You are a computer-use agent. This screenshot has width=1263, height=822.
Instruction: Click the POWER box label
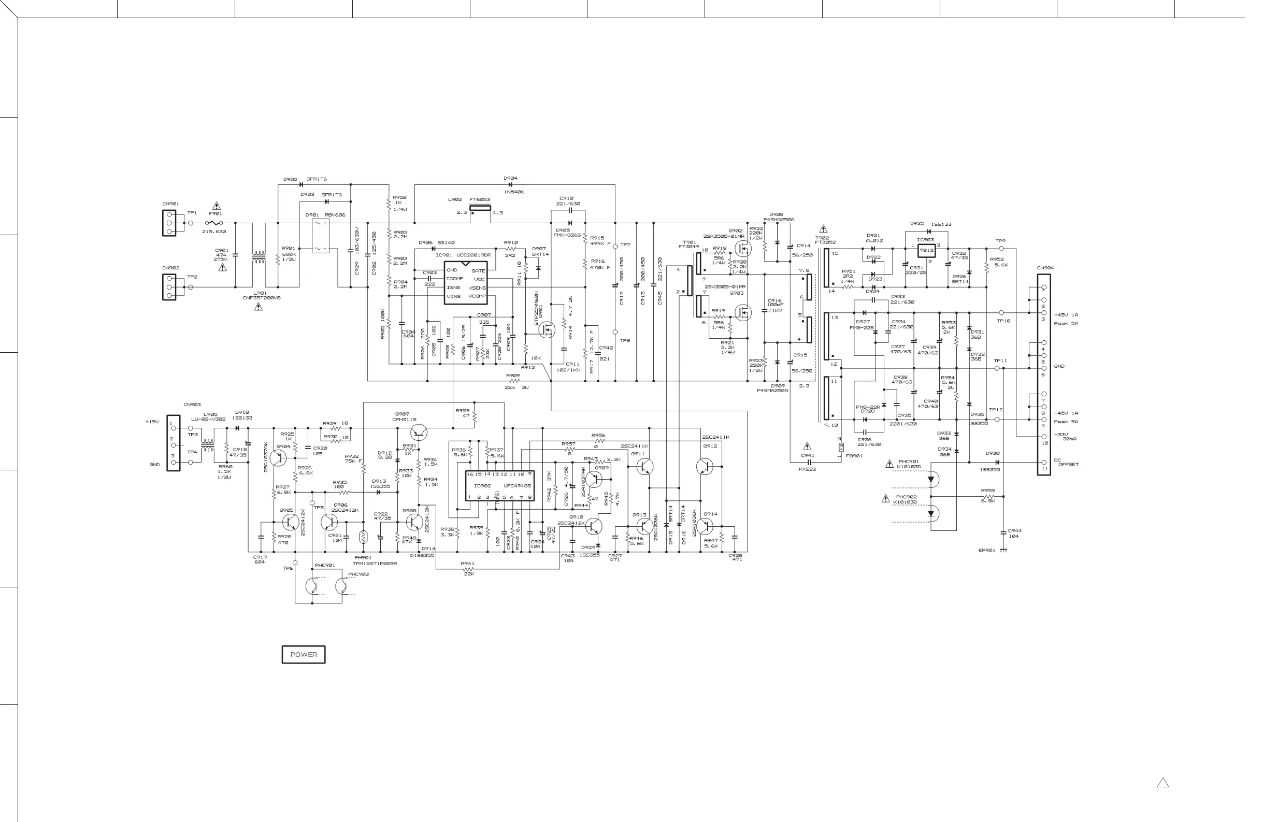303,654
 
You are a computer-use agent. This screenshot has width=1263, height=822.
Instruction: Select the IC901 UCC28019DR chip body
465,283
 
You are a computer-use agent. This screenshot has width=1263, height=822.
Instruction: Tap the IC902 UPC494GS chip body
499,485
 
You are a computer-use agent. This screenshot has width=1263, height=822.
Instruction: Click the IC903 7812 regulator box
926,250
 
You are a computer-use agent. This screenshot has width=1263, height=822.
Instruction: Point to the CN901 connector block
169,223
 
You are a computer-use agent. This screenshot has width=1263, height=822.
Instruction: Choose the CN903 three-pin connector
173,442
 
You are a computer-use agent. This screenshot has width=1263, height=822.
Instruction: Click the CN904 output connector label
1045,268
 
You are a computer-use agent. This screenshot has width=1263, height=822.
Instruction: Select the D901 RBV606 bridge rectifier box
321,236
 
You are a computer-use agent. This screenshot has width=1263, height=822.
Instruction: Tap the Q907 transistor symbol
419,432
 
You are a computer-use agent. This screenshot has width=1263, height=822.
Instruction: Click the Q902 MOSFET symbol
743,248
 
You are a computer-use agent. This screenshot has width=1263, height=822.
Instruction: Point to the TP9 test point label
1000,241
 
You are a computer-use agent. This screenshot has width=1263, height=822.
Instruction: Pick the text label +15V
152,422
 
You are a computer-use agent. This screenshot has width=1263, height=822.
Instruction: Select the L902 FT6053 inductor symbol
480,208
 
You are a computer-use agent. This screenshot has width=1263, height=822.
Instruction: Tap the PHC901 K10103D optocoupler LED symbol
931,480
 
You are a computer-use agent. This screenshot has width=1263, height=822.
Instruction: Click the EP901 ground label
986,550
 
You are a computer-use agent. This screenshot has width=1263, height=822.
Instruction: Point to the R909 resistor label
513,375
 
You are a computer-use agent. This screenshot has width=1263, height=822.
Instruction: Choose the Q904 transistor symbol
278,457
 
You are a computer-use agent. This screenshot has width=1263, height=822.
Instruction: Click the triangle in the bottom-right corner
1162,783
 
